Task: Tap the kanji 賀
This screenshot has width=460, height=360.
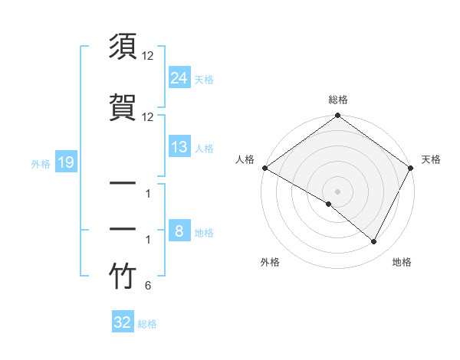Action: coord(123,108)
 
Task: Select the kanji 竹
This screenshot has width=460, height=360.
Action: coord(123,278)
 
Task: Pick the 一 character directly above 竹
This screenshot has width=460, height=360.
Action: coord(123,231)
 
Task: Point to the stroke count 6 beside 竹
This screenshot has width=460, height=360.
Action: coord(147,286)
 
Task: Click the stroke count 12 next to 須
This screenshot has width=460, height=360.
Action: coord(148,56)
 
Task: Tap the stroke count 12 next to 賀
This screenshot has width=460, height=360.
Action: coord(148,116)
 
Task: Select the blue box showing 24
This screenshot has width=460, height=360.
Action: coord(179,77)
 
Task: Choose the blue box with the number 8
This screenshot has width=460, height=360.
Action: coord(179,231)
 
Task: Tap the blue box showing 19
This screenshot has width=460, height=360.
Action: coord(65,162)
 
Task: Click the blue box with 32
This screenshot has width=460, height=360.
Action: coord(123,322)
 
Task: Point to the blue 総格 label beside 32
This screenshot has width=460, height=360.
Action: coord(147,324)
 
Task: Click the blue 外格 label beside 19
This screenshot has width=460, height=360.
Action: coord(41,163)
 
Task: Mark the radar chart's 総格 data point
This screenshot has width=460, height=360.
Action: coord(337,116)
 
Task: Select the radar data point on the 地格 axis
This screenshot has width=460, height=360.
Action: coord(374,242)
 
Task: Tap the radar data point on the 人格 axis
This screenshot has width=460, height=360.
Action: coord(264,168)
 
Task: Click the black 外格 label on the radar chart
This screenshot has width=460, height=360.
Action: coord(270,263)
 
